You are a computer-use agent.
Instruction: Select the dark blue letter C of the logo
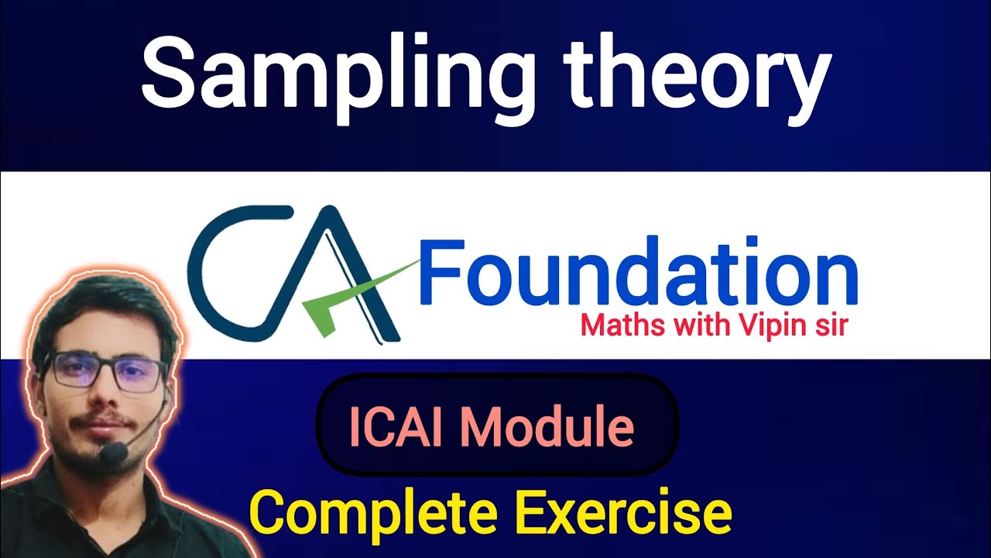click(225, 271)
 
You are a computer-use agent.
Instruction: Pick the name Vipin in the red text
click(766, 325)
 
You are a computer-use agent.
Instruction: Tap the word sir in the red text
click(828, 325)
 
